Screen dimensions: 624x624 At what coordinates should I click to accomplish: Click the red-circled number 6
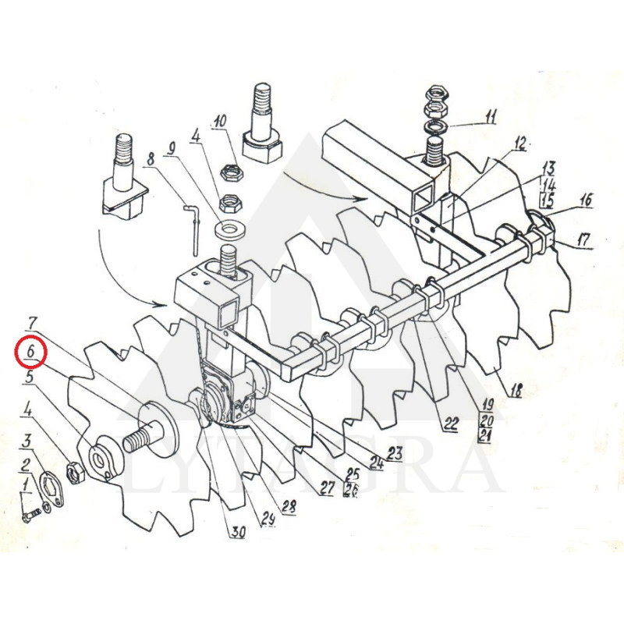pyautogui.click(x=30, y=352)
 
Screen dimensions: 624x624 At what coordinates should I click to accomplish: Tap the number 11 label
pyautogui.click(x=490, y=118)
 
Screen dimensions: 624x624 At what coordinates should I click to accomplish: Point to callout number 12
pyautogui.click(x=519, y=144)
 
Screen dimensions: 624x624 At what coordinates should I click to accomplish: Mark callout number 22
pyautogui.click(x=451, y=424)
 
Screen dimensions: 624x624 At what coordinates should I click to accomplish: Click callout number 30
pyautogui.click(x=237, y=533)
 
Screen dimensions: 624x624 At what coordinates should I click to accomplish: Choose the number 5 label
pyautogui.click(x=28, y=378)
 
